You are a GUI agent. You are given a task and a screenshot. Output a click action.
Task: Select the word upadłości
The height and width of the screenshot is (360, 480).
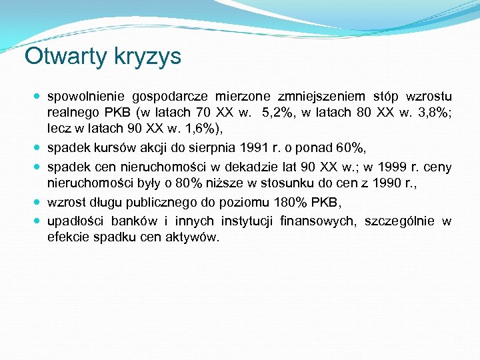tap(74, 222)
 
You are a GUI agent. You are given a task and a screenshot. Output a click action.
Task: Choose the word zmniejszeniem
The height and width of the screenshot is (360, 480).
tap(329, 97)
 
